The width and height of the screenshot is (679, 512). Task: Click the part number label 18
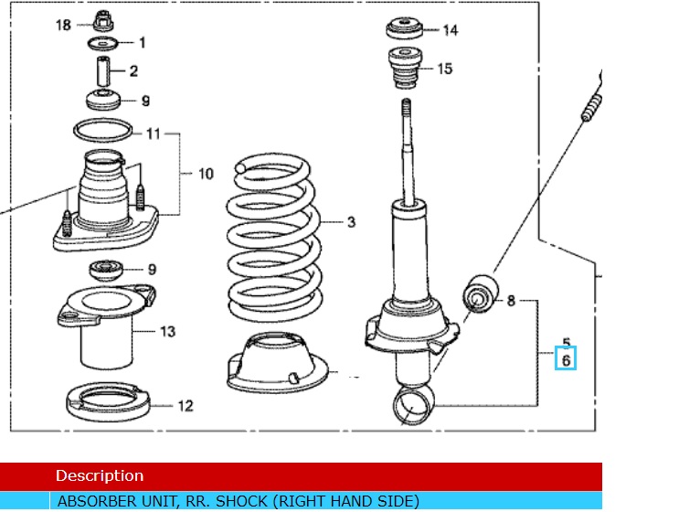click(x=63, y=25)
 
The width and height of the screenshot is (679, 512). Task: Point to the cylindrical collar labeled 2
click(x=103, y=70)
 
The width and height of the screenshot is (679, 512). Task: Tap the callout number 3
click(x=350, y=222)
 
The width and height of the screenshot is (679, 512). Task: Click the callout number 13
click(x=167, y=331)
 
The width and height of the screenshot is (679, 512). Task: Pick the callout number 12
click(x=186, y=405)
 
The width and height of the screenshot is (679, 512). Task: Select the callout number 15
click(x=445, y=69)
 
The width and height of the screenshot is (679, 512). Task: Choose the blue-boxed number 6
click(x=567, y=360)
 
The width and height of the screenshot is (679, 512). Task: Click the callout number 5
click(x=567, y=342)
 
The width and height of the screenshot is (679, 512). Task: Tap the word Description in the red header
click(x=100, y=475)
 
